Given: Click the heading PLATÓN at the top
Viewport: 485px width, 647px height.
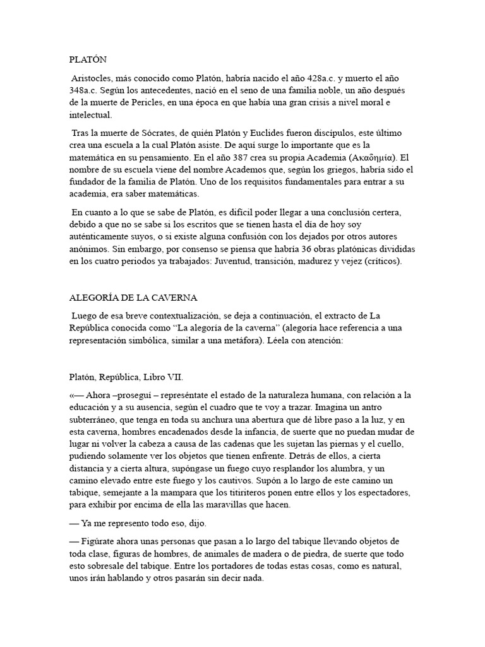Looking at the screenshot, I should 88,60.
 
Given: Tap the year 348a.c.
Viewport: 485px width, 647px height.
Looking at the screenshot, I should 86,91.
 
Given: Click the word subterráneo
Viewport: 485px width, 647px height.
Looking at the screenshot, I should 97,420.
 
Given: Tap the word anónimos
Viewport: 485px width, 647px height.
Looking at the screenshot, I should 90,249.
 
